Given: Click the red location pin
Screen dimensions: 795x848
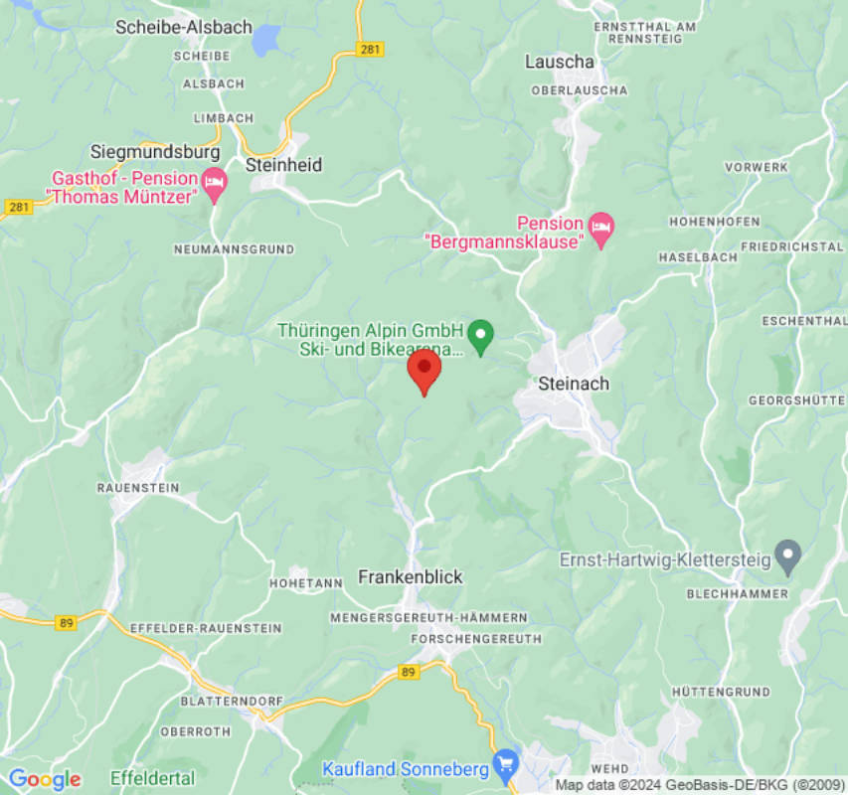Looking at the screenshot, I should point(424,370).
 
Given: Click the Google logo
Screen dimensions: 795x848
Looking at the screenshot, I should point(44,779).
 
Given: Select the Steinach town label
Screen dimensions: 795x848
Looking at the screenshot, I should point(574,384).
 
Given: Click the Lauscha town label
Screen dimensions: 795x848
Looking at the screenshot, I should point(560,62).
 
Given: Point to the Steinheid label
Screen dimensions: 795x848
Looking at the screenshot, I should point(284,165).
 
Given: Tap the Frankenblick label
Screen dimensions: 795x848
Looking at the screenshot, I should point(411,577).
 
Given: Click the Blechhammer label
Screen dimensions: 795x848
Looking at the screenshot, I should point(737,594).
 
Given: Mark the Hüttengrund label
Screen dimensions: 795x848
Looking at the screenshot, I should point(721,691).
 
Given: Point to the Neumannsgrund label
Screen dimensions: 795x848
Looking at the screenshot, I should point(234,249).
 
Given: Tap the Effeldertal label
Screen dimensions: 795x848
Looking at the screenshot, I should point(153,777).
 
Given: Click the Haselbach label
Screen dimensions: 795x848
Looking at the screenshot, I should point(698,257).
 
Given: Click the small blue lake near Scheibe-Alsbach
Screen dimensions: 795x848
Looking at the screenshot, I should point(266,40).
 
